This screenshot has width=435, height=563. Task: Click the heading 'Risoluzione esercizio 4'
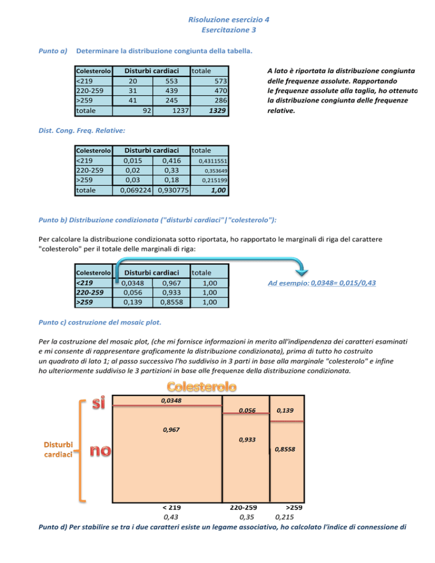click(228, 19)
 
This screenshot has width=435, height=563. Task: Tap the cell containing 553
click(171, 80)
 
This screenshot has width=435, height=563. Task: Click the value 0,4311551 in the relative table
click(213, 161)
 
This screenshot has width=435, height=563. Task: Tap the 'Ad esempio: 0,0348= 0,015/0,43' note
click(322, 283)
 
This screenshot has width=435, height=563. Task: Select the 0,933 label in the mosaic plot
click(247, 439)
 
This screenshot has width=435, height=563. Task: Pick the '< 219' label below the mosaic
click(170, 507)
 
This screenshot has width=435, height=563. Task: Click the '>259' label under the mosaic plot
click(293, 507)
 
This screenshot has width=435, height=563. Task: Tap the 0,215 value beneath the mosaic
click(284, 517)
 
